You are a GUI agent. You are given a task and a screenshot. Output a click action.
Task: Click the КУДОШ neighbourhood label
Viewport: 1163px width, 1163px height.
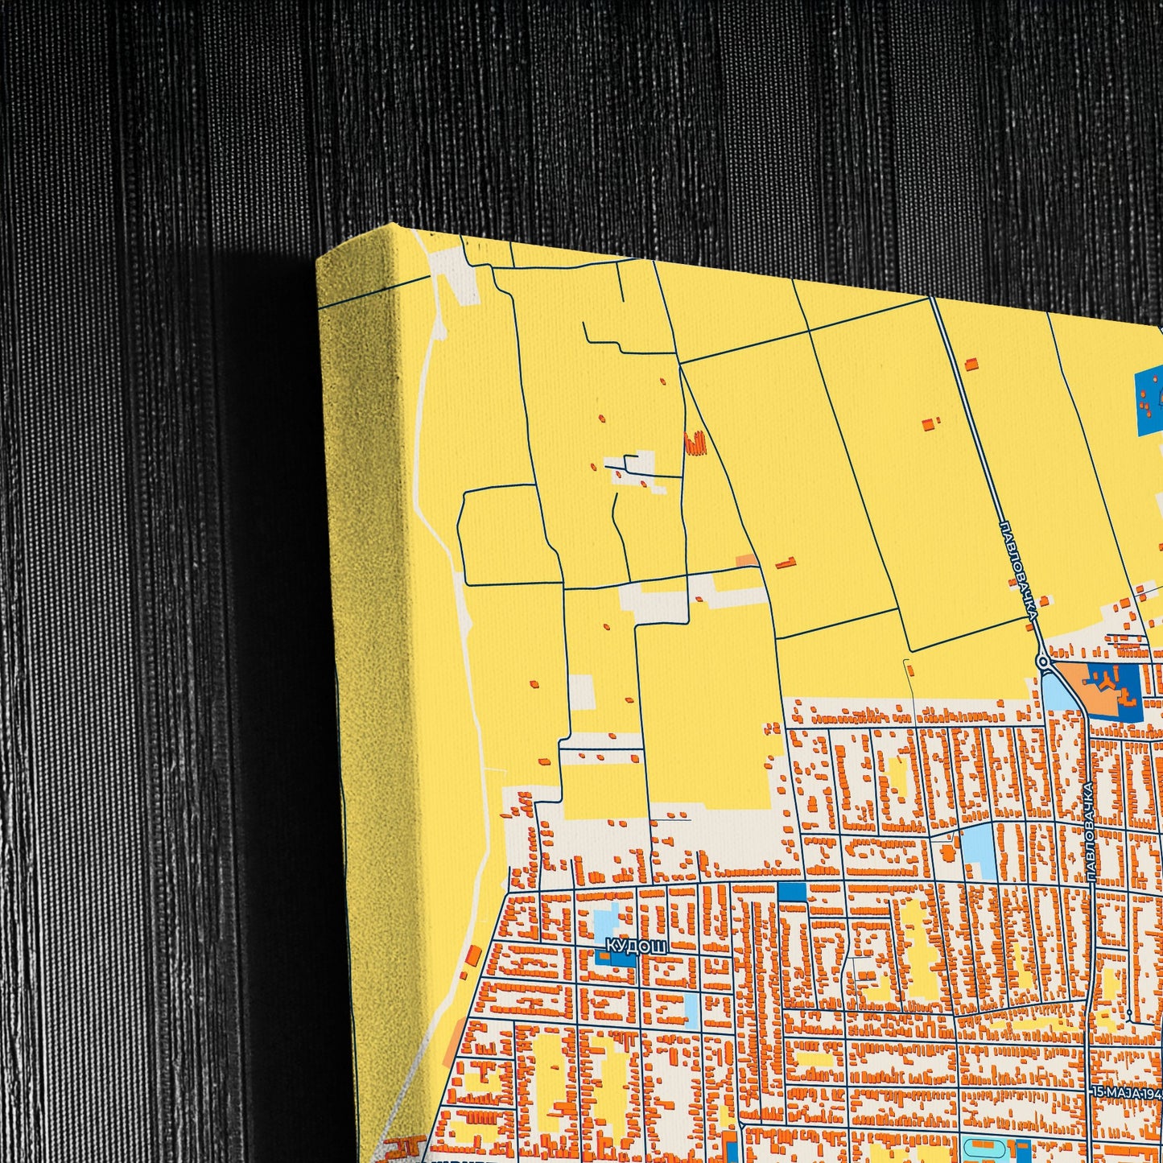(x=636, y=946)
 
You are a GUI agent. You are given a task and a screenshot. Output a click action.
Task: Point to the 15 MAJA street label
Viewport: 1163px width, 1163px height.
(x=1127, y=1093)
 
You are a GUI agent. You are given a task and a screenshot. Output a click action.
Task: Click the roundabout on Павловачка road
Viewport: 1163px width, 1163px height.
(x=1044, y=662)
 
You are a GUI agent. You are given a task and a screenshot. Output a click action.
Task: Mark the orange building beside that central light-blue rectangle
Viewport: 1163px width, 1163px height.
(x=948, y=851)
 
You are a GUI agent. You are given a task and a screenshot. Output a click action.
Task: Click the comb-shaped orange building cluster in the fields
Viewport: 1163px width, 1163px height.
(x=695, y=443)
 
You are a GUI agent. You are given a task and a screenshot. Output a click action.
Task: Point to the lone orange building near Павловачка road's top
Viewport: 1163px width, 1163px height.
(x=971, y=364)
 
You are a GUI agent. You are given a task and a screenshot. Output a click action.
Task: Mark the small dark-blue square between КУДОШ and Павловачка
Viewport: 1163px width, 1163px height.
(x=792, y=892)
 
